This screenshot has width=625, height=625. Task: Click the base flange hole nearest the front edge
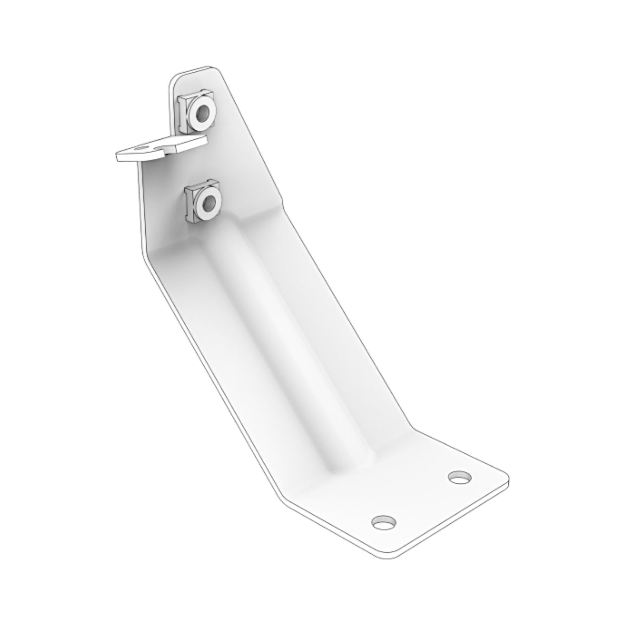pos(384,522)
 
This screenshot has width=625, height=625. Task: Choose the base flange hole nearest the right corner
pos(459,478)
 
